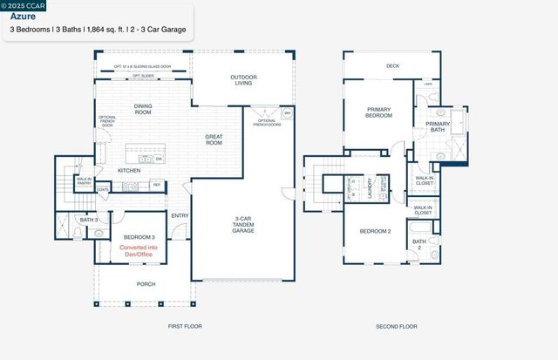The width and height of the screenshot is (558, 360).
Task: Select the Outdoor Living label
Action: [244, 80]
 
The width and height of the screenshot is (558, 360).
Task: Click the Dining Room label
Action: [143, 110]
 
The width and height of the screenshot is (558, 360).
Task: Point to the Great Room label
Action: [214, 139]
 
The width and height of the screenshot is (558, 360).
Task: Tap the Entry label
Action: [180, 216]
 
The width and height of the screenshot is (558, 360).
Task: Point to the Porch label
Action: [146, 283]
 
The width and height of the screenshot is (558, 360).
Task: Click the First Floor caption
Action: [185, 327]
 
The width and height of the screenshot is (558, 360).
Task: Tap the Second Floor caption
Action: [397, 327]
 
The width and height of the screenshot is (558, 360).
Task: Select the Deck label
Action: [392, 65]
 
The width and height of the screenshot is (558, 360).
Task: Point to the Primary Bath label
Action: [438, 127]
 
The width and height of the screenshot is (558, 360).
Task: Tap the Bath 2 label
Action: [418, 244]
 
